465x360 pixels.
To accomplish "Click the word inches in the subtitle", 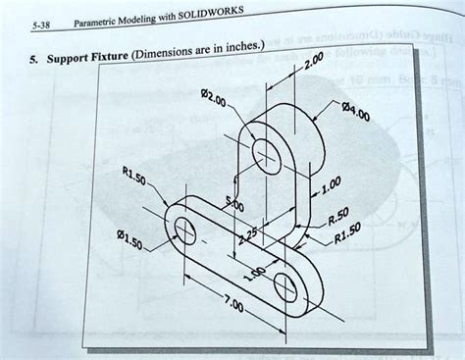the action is pyautogui.click(x=243, y=47).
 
